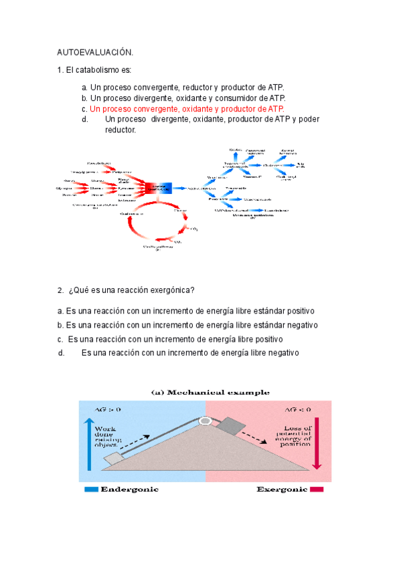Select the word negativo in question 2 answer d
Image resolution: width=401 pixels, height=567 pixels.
click(x=280, y=352)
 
